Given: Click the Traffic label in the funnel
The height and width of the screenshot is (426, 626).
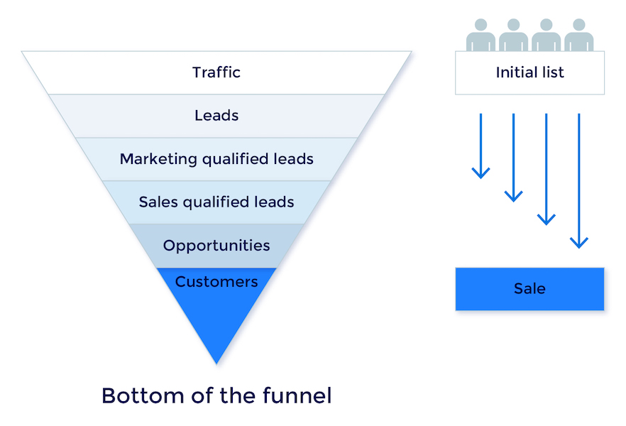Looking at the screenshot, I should pos(216,72).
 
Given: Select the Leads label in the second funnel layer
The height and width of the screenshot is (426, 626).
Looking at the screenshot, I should pos(216,115).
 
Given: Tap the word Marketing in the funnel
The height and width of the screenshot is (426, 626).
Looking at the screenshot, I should pos(158,159).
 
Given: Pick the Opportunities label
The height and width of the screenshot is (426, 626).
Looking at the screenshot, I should pos(216,246).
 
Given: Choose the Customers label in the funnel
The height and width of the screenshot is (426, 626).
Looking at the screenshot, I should pos(216,282).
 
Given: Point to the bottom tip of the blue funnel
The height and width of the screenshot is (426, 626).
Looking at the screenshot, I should pos(216,361).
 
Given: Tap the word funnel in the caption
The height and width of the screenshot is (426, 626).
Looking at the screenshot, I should pos(295,395).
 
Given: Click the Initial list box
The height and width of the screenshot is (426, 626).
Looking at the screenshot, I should pos(529,72).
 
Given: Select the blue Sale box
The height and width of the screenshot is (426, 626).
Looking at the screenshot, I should pos(529,289).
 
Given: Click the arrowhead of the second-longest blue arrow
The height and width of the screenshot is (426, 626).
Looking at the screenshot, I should pos(546,219).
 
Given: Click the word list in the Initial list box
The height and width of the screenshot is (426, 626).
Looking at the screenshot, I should pos(552,72).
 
